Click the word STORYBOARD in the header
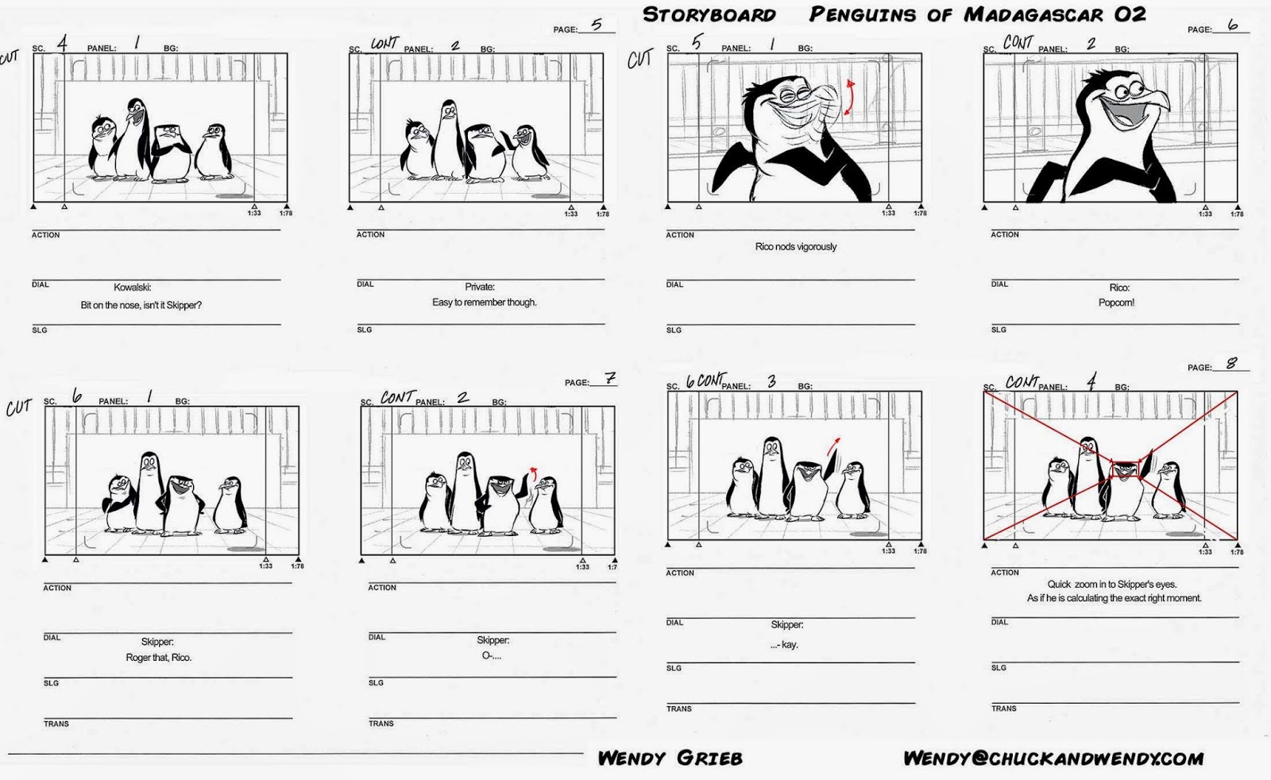[709, 15]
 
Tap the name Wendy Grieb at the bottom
[670, 759]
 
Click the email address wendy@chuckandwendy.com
[1053, 759]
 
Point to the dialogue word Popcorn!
[1116, 303]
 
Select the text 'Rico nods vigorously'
[796, 247]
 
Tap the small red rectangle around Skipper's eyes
[1125, 469]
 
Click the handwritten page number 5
[597, 25]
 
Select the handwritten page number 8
[1231, 364]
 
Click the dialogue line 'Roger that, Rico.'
[158, 658]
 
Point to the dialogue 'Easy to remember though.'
[484, 303]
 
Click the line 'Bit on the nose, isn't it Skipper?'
[141, 306]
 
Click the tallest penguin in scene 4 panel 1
[135, 135]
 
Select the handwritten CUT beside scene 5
[639, 60]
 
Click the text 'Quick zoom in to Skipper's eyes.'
[1111, 585]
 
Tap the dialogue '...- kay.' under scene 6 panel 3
[784, 645]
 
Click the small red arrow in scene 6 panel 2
[532, 473]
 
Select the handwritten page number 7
[609, 379]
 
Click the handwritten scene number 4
[62, 44]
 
